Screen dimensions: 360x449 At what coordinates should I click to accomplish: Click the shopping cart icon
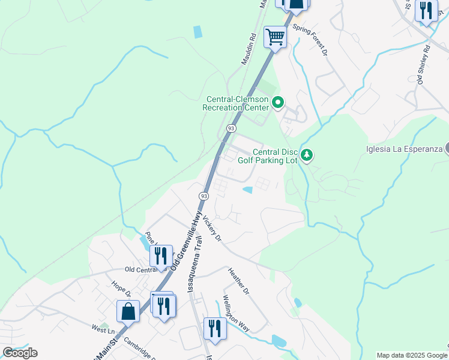275,37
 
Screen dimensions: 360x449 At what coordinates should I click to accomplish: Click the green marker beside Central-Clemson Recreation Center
277,103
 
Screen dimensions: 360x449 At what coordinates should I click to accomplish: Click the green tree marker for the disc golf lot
307,156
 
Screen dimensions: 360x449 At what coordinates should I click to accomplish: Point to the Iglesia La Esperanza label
405,149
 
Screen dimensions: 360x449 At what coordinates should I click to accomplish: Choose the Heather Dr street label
238,281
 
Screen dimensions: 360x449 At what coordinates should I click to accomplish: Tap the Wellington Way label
236,313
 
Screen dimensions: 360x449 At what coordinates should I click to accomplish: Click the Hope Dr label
121,289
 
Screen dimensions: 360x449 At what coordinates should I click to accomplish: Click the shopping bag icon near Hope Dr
128,311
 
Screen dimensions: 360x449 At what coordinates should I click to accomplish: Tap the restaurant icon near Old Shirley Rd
426,11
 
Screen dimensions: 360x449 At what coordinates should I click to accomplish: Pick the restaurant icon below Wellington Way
213,328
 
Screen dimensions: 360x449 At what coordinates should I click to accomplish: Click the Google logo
20,353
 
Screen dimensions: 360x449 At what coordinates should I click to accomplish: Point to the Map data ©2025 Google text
412,355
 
